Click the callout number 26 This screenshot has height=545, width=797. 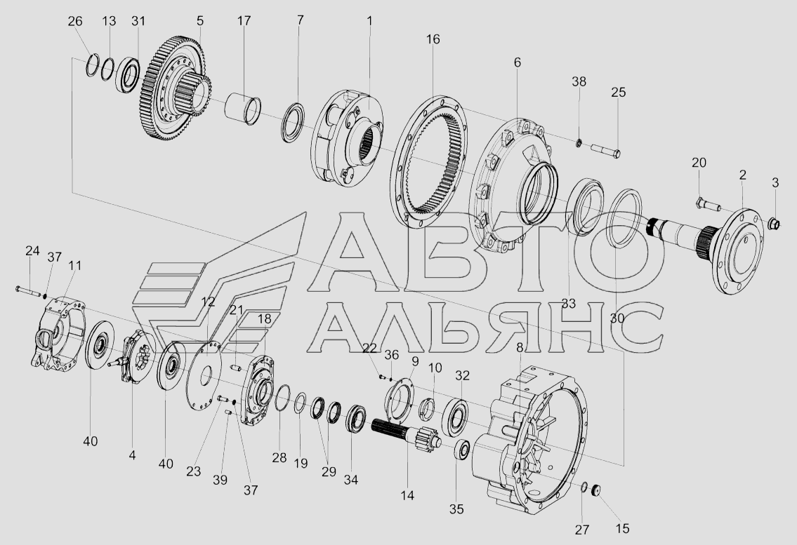tap(74, 21)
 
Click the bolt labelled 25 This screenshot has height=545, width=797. tap(605, 150)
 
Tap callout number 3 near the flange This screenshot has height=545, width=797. tap(775, 182)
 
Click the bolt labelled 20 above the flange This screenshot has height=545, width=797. tap(707, 206)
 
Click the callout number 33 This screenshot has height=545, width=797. tap(568, 303)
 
